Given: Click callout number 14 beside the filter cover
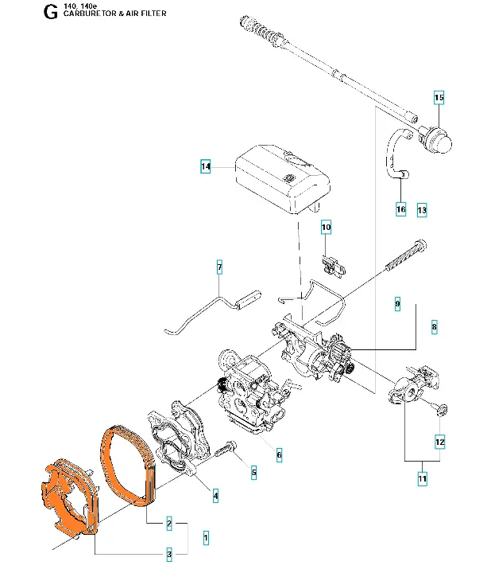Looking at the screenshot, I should pyautogui.click(x=206, y=167).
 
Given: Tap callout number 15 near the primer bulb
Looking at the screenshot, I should pyautogui.click(x=439, y=98).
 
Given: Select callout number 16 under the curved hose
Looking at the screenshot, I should pyautogui.click(x=400, y=209).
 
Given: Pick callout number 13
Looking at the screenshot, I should pyautogui.click(x=422, y=209).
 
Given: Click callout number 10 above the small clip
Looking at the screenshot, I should pyautogui.click(x=326, y=228).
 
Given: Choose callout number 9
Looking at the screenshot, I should pyautogui.click(x=397, y=304).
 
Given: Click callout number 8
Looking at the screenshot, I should pyautogui.click(x=434, y=326).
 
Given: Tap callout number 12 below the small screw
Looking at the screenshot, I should pyautogui.click(x=439, y=441).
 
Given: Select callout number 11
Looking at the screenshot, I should pyautogui.click(x=422, y=479).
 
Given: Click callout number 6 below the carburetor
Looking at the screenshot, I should pyautogui.click(x=279, y=455).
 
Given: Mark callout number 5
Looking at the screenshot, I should pyautogui.click(x=253, y=473).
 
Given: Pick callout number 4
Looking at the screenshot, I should pyautogui.click(x=215, y=496).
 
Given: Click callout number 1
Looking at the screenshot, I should pyautogui.click(x=206, y=538).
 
